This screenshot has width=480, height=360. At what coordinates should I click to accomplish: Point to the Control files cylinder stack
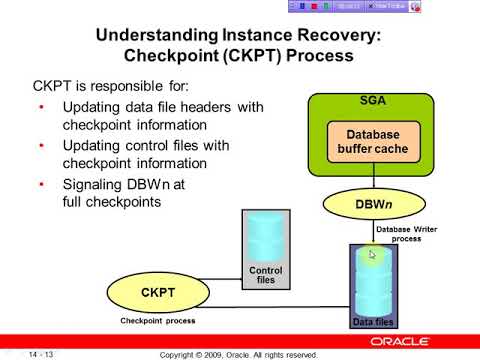[264, 235]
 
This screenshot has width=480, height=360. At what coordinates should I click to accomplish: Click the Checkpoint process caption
[158, 321]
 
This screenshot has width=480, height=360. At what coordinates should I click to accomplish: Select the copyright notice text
[239, 354]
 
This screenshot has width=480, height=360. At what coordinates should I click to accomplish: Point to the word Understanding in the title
[153, 35]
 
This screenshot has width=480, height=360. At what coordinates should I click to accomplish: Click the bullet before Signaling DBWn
[41, 185]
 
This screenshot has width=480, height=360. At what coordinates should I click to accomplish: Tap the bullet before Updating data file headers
[41, 106]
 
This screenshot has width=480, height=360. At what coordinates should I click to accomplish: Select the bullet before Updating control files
[41, 146]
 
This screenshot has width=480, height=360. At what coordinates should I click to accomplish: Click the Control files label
[264, 275]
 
